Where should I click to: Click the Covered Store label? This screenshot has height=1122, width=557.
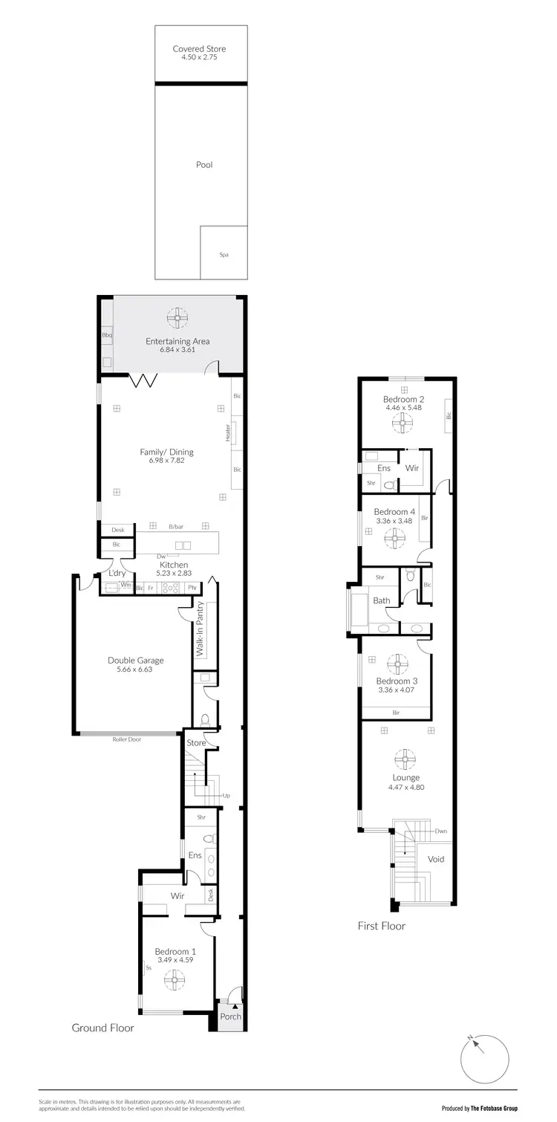[x=199, y=49]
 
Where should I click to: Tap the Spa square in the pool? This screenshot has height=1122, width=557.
[x=224, y=254]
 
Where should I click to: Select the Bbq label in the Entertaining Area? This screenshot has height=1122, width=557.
[x=106, y=336]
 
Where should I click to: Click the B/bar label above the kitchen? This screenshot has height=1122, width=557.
[x=175, y=527]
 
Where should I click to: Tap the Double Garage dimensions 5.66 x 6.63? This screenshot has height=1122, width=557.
[x=136, y=669]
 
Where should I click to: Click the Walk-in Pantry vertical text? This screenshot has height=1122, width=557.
[x=199, y=629]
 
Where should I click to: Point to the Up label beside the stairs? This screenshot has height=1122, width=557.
[x=227, y=796]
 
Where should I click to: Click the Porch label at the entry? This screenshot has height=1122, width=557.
[x=231, y=1016]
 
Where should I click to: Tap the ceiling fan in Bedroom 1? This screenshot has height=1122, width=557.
[x=175, y=982]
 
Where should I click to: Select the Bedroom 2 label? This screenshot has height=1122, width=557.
[x=403, y=398]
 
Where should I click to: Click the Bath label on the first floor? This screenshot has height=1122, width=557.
[x=382, y=600]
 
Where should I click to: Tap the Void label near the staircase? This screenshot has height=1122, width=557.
[x=437, y=859]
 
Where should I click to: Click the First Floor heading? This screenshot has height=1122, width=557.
[x=382, y=926]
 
